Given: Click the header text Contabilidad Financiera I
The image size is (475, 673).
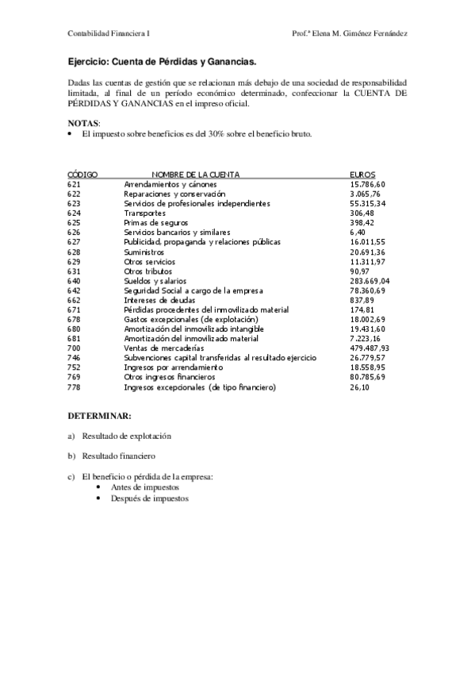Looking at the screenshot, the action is pyautogui.click(x=109, y=34).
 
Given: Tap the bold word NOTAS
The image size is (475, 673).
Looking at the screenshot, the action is pyautogui.click(x=83, y=124).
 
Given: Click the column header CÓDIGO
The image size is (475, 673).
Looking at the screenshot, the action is pyautogui.click(x=82, y=174).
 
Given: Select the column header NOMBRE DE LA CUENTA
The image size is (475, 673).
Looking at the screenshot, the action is pyautogui.click(x=196, y=174).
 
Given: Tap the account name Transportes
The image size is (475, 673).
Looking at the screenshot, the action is pyautogui.click(x=145, y=213).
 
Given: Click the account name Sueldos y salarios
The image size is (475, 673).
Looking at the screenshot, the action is pyautogui.click(x=155, y=281).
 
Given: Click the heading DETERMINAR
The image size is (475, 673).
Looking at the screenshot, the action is pyautogui.click(x=99, y=416).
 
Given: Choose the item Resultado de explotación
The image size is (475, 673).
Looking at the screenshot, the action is pyautogui.click(x=126, y=436).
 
